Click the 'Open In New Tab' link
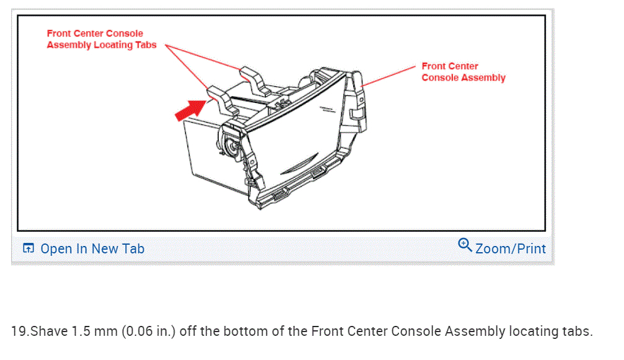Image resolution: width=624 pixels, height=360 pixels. click(92, 248)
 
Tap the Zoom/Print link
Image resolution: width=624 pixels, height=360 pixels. click(510, 248)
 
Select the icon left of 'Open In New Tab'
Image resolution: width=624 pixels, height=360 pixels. click(28, 248)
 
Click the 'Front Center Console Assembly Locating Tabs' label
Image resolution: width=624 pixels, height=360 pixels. click(102, 39)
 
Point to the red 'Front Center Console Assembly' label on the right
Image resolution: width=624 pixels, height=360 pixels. click(463, 72)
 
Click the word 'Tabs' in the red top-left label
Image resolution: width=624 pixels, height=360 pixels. click(144, 45)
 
